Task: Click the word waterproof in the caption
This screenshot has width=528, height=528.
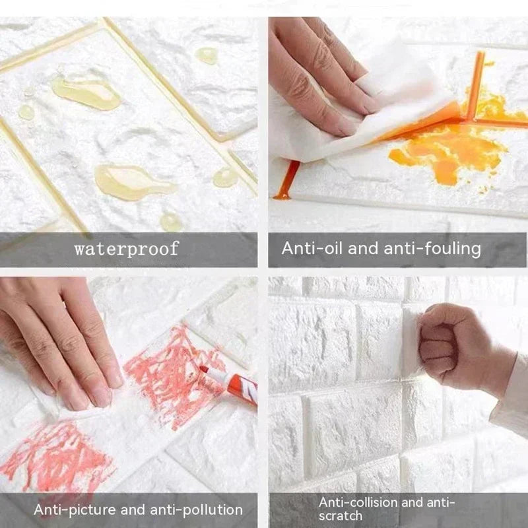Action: tap(126, 249)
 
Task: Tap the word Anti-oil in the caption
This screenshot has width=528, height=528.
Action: tap(309, 249)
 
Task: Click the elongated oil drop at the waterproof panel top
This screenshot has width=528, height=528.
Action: tap(86, 92)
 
